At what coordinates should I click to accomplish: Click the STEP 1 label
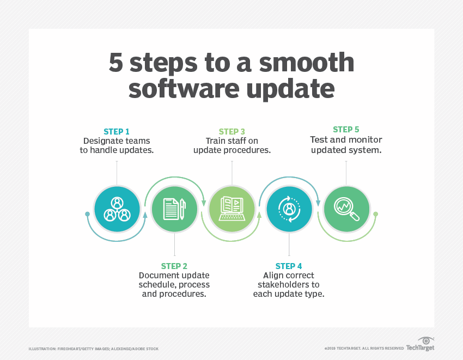pyautogui.click(x=117, y=131)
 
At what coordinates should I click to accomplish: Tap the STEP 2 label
pyautogui.click(x=174, y=266)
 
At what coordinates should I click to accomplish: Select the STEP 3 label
pyautogui.click(x=232, y=131)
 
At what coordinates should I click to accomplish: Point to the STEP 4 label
pyautogui.click(x=289, y=266)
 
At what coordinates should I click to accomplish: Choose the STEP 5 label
pyautogui.click(x=346, y=130)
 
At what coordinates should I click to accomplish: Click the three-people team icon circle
pyautogui.click(x=117, y=209)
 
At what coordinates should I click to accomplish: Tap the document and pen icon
pyautogui.click(x=174, y=209)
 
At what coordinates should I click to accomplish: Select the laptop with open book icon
pyautogui.click(x=232, y=209)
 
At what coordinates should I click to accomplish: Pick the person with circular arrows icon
pyautogui.click(x=289, y=209)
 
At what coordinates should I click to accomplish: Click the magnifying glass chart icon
pyautogui.click(x=346, y=209)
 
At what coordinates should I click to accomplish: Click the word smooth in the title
pyautogui.click(x=307, y=62)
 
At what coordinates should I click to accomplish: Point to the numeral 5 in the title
pyautogui.click(x=115, y=63)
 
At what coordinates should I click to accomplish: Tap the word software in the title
pyautogui.click(x=184, y=88)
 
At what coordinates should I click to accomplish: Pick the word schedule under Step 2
pyautogui.click(x=156, y=285)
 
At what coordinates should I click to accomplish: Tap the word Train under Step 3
pyautogui.click(x=215, y=141)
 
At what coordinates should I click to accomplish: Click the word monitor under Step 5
pyautogui.click(x=367, y=139)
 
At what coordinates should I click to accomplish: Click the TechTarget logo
pyautogui.click(x=420, y=344)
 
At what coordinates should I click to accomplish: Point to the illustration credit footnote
pyautogui.click(x=94, y=349)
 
